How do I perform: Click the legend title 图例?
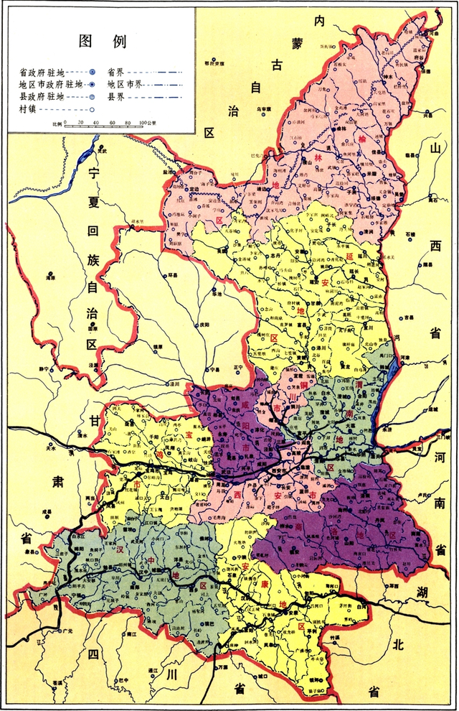point(103,41)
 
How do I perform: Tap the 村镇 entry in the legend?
point(28,108)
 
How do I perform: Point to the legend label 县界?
point(119,96)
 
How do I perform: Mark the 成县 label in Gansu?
point(49,512)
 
